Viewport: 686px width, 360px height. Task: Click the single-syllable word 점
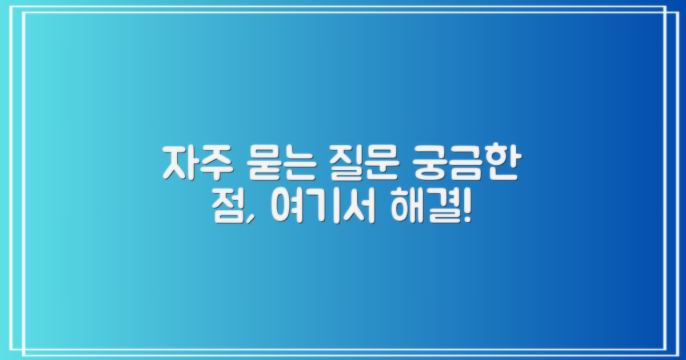227,211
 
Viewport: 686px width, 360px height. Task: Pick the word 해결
422,211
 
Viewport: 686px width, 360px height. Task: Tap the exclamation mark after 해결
467,211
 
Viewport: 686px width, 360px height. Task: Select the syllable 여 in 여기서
285,211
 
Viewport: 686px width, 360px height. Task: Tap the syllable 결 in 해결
438,211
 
